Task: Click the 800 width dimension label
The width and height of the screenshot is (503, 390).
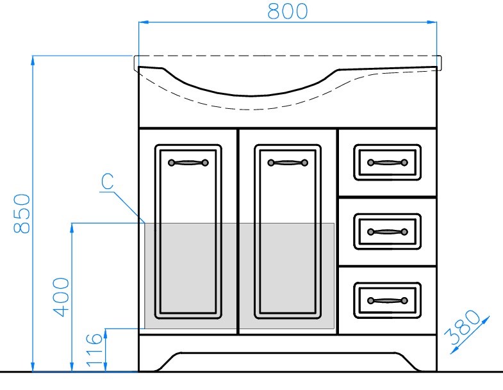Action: click(x=288, y=12)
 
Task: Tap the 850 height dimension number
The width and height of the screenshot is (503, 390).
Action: click(x=22, y=213)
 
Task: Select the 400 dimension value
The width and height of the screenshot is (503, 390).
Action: click(x=61, y=297)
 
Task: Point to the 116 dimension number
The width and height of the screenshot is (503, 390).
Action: click(x=95, y=350)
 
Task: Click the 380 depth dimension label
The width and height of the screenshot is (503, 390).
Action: click(x=462, y=327)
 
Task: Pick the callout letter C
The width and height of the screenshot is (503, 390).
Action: click(x=107, y=181)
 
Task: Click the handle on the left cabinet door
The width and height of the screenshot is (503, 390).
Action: click(x=188, y=163)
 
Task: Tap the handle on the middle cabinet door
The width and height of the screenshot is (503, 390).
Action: click(x=288, y=163)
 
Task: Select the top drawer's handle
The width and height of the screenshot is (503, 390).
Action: click(x=388, y=163)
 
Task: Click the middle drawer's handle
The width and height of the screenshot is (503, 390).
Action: click(x=388, y=232)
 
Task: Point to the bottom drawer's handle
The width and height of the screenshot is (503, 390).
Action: click(x=388, y=300)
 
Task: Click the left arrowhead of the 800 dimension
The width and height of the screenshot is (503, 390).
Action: click(x=143, y=22)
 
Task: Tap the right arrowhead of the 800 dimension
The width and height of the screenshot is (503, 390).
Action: click(x=432, y=22)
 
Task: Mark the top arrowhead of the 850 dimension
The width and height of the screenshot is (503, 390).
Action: click(x=33, y=61)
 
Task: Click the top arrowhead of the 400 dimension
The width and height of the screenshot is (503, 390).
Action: click(x=72, y=228)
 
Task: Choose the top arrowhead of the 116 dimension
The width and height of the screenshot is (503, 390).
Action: click(x=106, y=334)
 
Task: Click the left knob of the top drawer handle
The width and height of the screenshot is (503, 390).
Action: click(x=371, y=163)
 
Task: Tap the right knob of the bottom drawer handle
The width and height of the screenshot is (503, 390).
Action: click(x=404, y=300)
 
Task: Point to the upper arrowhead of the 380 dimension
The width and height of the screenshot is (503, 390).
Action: click(x=486, y=320)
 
